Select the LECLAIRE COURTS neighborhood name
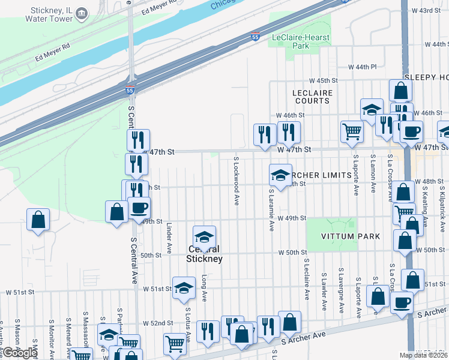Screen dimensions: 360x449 tap(312, 97)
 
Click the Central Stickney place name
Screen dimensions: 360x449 tap(204, 254)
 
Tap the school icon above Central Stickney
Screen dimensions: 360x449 tap(204, 237)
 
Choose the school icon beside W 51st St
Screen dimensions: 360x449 tap(184, 287)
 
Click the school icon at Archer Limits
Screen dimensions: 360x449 tap(280, 175)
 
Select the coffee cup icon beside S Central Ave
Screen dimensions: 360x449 tap(139, 209)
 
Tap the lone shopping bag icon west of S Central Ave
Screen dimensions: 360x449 tap(38, 219)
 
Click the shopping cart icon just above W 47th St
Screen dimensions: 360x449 tap(352, 131)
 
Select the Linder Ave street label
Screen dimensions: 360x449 tap(169, 239)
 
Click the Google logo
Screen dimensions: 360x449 tap(19, 353)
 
